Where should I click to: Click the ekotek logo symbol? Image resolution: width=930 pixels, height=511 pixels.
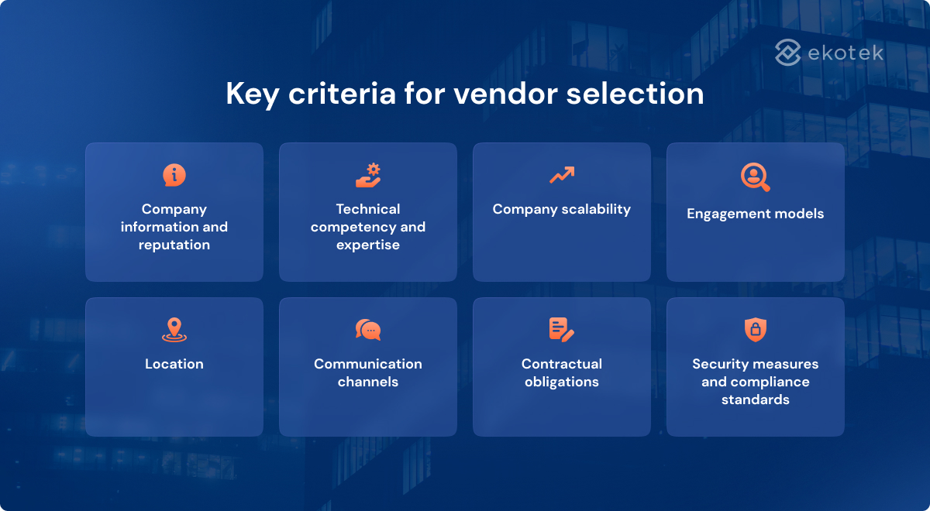pos(787,53)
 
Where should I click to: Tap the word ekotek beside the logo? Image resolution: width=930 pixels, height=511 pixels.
pos(845,53)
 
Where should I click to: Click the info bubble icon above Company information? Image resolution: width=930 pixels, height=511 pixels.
pos(174,175)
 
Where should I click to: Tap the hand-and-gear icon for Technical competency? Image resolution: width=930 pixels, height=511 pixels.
pos(368,175)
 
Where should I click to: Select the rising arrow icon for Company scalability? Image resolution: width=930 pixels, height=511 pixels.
pos(562,175)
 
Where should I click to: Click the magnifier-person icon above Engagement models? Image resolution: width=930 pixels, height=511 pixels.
pos(755,177)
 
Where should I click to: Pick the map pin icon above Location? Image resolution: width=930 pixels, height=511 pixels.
pos(174,330)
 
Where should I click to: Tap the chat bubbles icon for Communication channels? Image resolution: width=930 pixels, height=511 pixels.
pos(368,330)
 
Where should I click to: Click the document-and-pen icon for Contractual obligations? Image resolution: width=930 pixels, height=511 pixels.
pos(561,330)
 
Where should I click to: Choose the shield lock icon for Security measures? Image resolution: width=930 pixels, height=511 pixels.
pos(755,330)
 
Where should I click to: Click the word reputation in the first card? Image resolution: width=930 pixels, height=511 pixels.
pos(174,245)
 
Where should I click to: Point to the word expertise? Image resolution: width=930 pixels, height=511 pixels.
pos(368,245)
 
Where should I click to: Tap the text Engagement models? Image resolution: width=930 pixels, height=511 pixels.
pos(756,214)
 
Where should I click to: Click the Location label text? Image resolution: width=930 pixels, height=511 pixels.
pos(174,364)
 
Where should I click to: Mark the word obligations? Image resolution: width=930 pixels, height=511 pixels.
pos(562,382)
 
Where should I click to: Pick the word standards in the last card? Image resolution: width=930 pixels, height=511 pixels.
pos(756,400)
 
